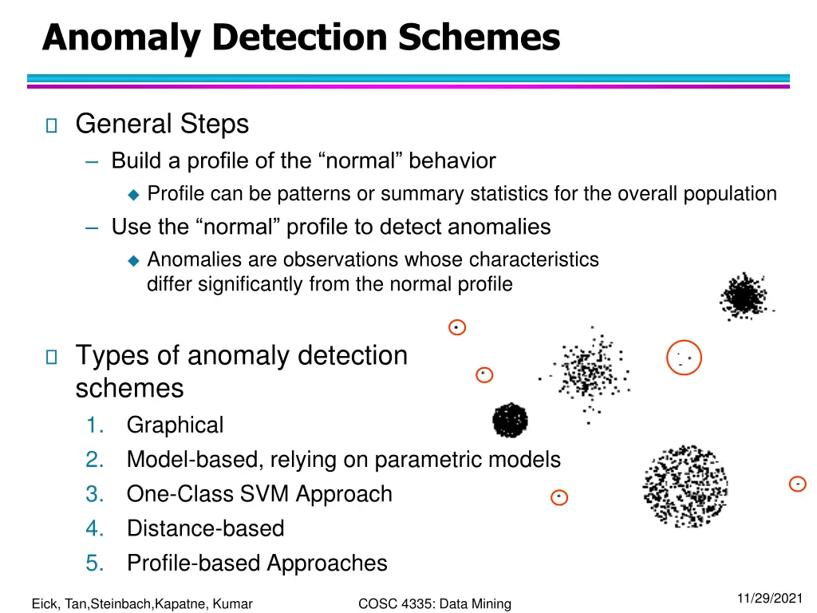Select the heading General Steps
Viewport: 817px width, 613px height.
click(x=162, y=125)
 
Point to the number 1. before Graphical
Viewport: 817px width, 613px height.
click(x=95, y=425)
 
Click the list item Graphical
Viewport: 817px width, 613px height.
click(x=175, y=425)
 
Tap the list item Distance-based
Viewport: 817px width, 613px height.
click(x=205, y=528)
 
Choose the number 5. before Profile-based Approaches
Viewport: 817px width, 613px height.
click(x=95, y=564)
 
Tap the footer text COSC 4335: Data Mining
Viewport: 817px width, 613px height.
click(x=435, y=604)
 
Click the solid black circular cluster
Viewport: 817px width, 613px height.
click(x=511, y=420)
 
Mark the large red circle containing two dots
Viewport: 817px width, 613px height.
click(x=684, y=357)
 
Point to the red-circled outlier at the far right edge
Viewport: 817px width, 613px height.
click(x=797, y=484)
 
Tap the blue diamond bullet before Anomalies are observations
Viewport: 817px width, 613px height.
click(x=133, y=260)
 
